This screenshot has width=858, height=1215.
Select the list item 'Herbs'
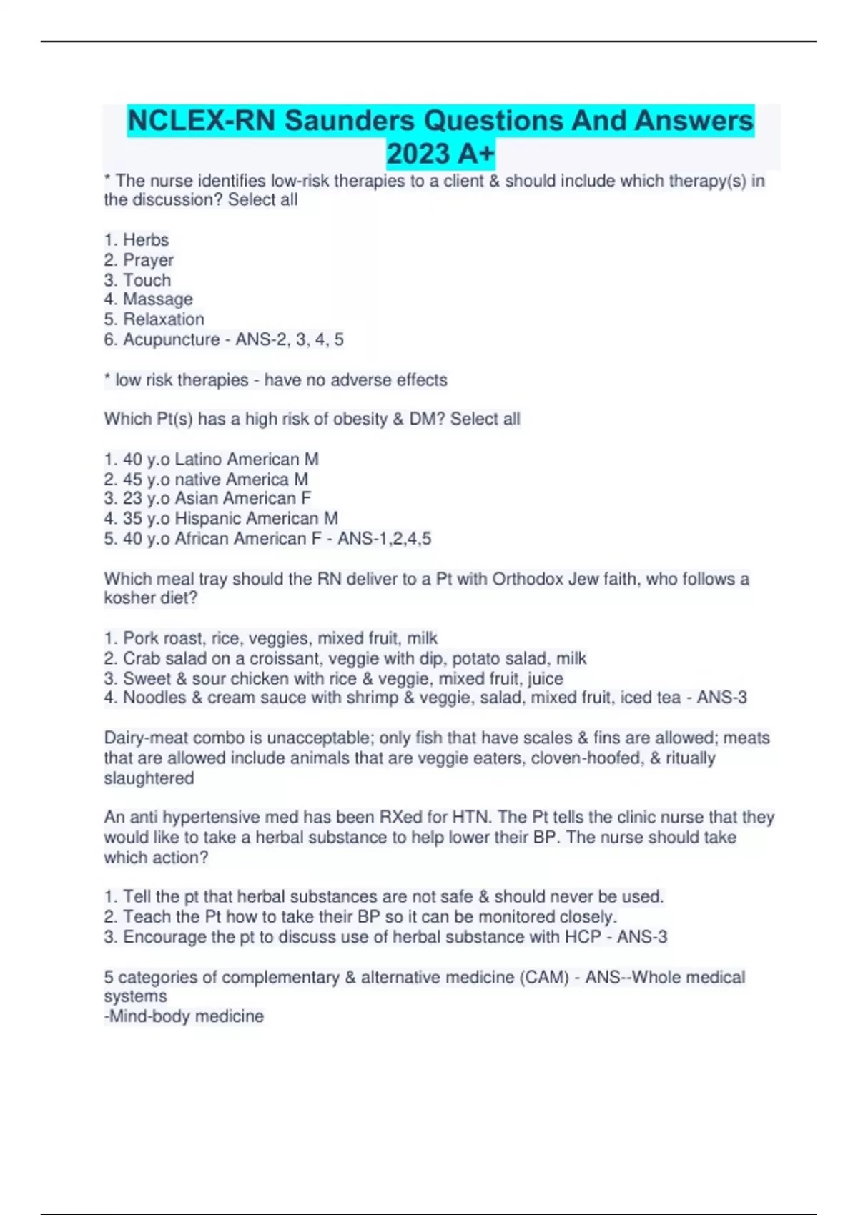point(146,240)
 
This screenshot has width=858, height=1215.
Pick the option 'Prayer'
point(148,260)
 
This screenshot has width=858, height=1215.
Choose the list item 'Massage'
point(157,299)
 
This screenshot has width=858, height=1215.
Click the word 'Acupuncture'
point(171,339)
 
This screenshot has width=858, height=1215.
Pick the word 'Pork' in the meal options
point(141,638)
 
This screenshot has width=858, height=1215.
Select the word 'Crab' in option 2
point(142,658)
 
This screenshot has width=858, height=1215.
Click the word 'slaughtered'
point(149,778)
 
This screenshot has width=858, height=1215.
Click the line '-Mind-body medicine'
point(184,1016)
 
